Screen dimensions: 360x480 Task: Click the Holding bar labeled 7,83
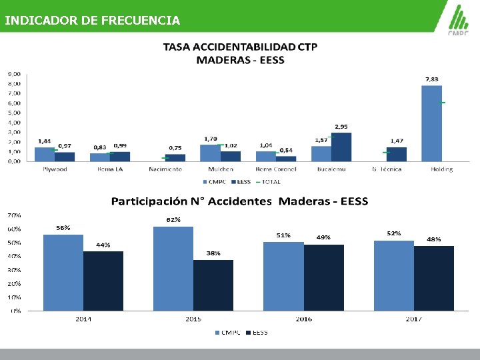coord(431,123)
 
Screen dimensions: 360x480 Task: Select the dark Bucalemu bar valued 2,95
coord(341,147)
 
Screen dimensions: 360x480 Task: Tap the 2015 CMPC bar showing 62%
coord(173,268)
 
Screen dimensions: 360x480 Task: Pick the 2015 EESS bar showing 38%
coord(213,285)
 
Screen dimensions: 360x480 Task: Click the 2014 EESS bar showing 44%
coord(103,280)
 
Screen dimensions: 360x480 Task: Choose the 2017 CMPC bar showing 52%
coord(394,275)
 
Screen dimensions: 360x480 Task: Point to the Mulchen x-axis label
coord(221,169)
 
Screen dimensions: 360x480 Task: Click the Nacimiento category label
coord(165,169)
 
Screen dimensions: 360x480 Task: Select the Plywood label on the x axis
coord(55,169)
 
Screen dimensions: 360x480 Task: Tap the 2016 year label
coord(303,319)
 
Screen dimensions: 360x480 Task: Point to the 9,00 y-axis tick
coord(13,74)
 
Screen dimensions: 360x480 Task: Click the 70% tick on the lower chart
coord(13,215)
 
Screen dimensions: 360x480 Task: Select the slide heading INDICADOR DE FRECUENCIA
coord(92,21)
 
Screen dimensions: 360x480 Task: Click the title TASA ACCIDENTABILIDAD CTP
coord(240,47)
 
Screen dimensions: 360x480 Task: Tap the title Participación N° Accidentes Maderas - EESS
coord(239,201)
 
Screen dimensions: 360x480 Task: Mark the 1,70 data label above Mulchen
coord(209,139)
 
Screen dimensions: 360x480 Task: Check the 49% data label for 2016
coord(323,237)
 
